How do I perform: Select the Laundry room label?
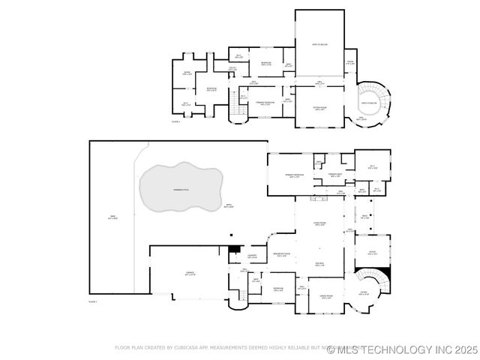pos(252,256)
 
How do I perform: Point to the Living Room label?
pos(320,223)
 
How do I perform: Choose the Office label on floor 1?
pos(372,253)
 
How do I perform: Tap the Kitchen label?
pos(319,264)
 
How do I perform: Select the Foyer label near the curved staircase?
pos(363,293)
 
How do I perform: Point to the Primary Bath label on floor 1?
pos(335,174)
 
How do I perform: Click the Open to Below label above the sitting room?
pos(319,45)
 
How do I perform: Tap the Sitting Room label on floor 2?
pos(319,108)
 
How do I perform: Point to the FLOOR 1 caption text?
pos(93,300)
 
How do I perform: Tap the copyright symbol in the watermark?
pos(331,349)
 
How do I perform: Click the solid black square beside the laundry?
pos(233,248)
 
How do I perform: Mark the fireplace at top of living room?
pos(320,199)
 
